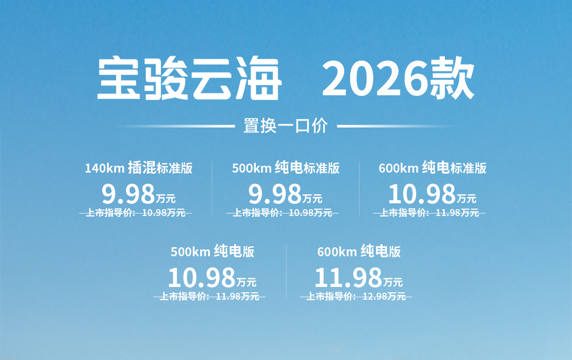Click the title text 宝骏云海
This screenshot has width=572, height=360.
coord(189,78)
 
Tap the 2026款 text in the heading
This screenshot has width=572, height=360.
coord(398,78)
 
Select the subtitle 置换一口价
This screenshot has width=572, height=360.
coord(285,126)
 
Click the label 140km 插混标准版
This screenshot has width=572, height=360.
coord(139,168)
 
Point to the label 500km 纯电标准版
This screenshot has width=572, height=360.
coord(285,168)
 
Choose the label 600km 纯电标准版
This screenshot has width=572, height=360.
coord(433,168)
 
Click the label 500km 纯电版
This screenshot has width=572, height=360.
coord(212,251)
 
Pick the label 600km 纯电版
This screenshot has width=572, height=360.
coord(359,251)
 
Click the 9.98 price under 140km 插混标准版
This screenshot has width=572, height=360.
coord(128,194)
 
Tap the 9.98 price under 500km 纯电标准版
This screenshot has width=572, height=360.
coord(275,194)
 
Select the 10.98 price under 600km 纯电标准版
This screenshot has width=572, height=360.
coord(422,194)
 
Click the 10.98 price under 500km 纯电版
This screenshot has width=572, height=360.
coord(202,277)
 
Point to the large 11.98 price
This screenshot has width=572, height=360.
coord(348,277)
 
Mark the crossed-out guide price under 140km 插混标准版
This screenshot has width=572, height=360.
coord(136,213)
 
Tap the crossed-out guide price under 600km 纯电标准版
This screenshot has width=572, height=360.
coord(429,213)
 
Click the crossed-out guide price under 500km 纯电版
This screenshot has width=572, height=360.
coord(209,296)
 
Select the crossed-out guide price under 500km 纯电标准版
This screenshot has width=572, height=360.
coord(282,213)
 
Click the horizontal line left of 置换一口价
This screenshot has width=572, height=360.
coord(176,126)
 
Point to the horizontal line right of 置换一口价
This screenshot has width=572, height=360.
coord(396,126)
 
